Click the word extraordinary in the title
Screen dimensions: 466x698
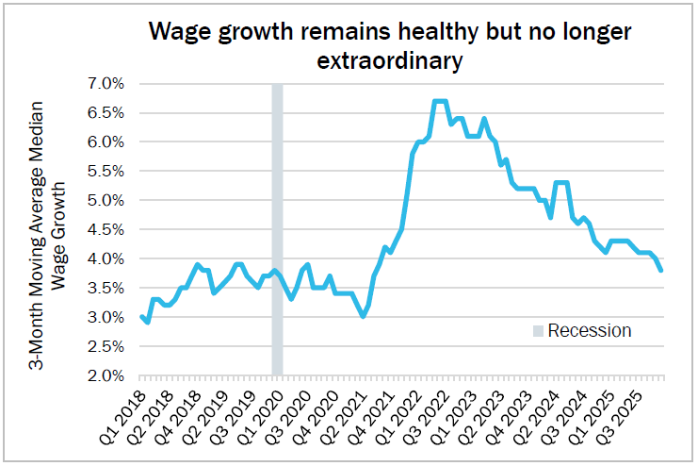tap(390, 61)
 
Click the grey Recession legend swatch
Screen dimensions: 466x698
tap(538, 330)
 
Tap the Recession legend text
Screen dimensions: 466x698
tap(589, 330)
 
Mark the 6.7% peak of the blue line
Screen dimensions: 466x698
tap(440, 101)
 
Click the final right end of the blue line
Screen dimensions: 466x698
tap(661, 271)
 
